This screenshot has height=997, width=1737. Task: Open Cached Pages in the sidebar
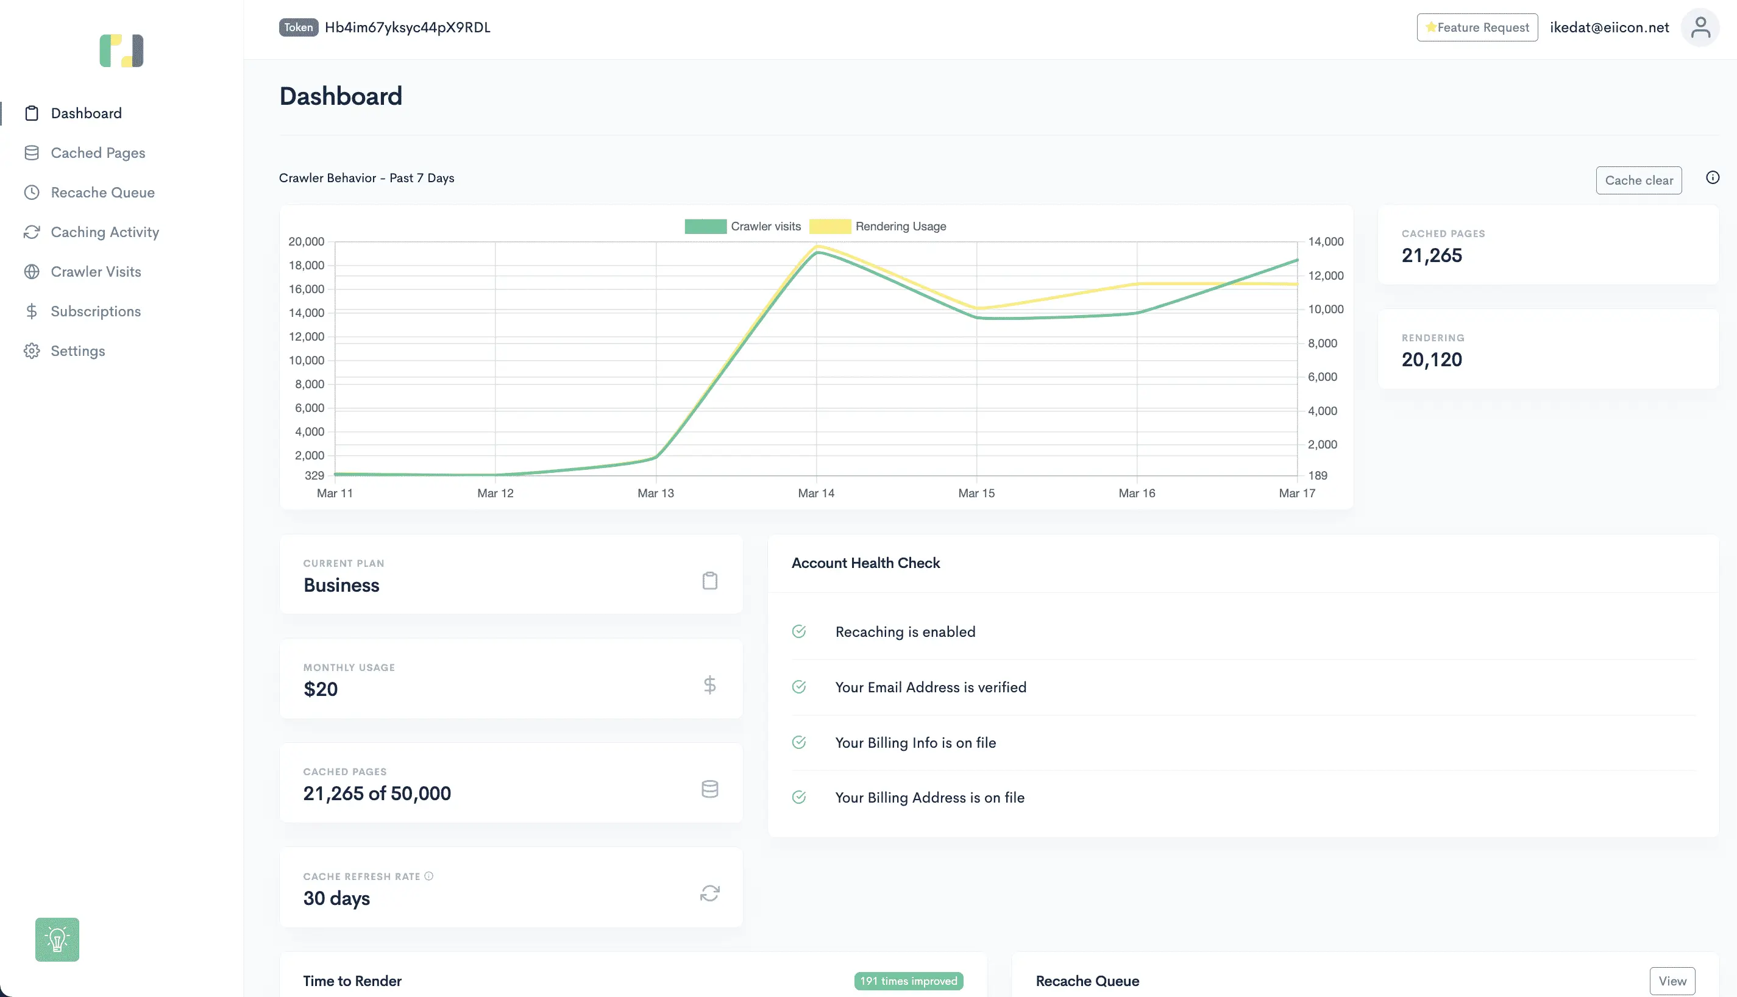click(98, 153)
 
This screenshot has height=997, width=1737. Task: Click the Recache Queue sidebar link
click(103, 193)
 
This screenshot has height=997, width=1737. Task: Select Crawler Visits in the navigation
click(96, 272)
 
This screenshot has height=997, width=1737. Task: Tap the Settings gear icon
click(32, 350)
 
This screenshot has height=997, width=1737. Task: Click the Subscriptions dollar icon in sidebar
click(32, 311)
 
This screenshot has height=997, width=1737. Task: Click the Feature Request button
click(1477, 27)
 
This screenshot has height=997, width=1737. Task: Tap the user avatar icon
click(1700, 27)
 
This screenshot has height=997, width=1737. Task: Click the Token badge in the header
click(299, 27)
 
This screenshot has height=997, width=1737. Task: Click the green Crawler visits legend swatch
click(705, 227)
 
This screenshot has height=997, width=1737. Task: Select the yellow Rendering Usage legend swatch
click(830, 227)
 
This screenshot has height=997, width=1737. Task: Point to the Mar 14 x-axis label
click(816, 493)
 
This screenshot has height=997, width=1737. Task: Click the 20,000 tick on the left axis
click(306, 242)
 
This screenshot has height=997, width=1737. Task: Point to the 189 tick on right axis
click(1317, 475)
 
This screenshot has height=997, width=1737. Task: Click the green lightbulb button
click(57, 940)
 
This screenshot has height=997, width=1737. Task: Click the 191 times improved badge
click(909, 981)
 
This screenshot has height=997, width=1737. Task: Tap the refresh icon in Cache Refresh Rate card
click(709, 893)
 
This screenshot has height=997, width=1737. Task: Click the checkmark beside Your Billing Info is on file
click(799, 742)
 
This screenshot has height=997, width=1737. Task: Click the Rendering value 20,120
click(1432, 360)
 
